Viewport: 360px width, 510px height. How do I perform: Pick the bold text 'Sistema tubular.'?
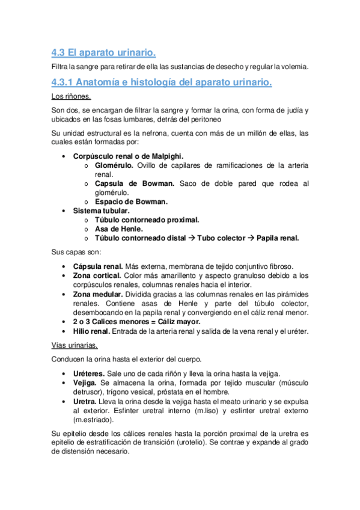(101, 211)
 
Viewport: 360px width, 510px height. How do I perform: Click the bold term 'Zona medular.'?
(97, 294)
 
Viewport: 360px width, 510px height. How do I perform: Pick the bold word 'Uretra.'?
(85, 401)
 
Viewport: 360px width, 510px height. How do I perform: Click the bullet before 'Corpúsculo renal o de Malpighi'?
(64, 156)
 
